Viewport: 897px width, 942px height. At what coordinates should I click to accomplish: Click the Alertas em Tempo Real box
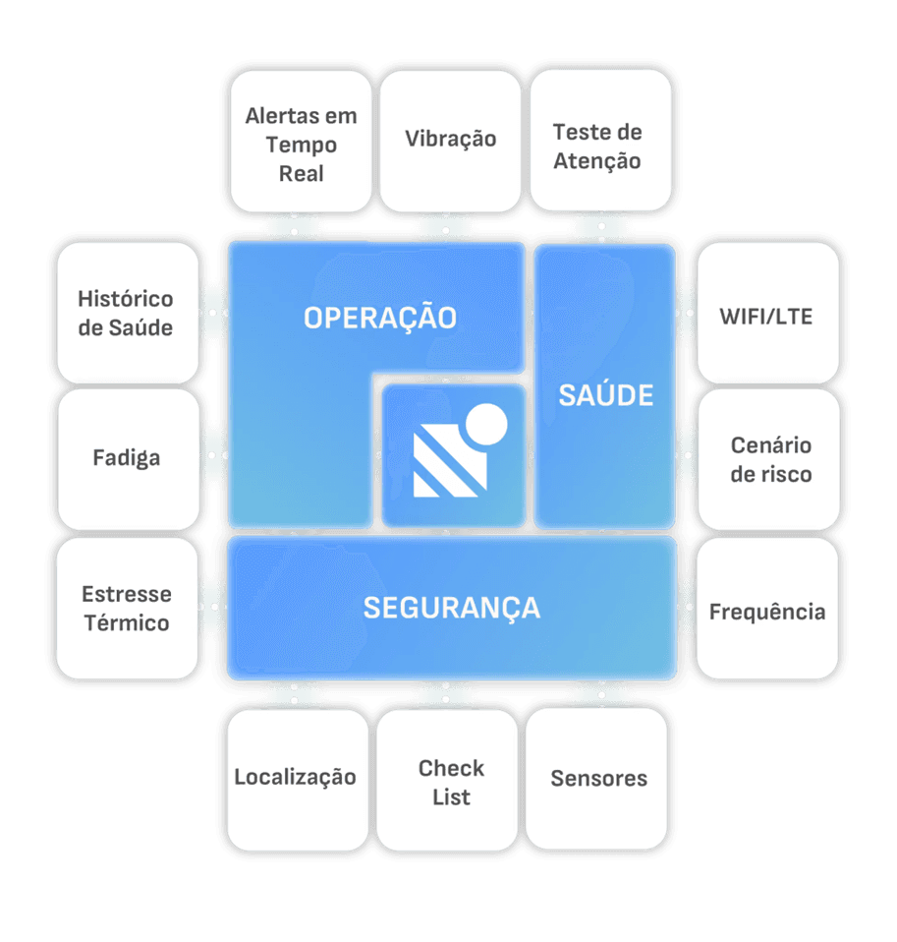pyautogui.click(x=301, y=144)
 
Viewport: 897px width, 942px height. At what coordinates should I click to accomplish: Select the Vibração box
pyautogui.click(x=450, y=140)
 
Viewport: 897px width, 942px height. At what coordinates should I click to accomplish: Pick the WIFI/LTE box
pyautogui.click(x=766, y=316)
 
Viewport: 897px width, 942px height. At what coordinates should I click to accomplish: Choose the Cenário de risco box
pyautogui.click(x=770, y=459)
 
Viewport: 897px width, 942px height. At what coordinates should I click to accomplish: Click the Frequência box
pyautogui.click(x=766, y=612)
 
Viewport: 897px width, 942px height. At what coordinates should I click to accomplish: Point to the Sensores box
pyautogui.click(x=598, y=778)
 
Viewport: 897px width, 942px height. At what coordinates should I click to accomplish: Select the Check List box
pyautogui.click(x=450, y=782)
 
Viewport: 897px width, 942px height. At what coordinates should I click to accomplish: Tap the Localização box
pyautogui.click(x=295, y=777)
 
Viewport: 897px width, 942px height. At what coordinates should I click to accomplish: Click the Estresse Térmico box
pyautogui.click(x=126, y=608)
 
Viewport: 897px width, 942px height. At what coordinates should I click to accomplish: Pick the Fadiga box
pyautogui.click(x=126, y=458)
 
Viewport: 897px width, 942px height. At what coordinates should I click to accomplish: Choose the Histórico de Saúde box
pyautogui.click(x=126, y=312)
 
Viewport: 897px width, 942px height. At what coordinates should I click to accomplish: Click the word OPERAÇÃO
pyautogui.click(x=379, y=318)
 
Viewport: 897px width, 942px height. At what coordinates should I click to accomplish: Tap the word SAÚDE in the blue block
pyautogui.click(x=605, y=395)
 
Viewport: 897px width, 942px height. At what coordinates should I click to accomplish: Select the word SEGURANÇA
pyautogui.click(x=452, y=607)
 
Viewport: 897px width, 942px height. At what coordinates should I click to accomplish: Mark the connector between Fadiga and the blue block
pyautogui.click(x=213, y=458)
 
